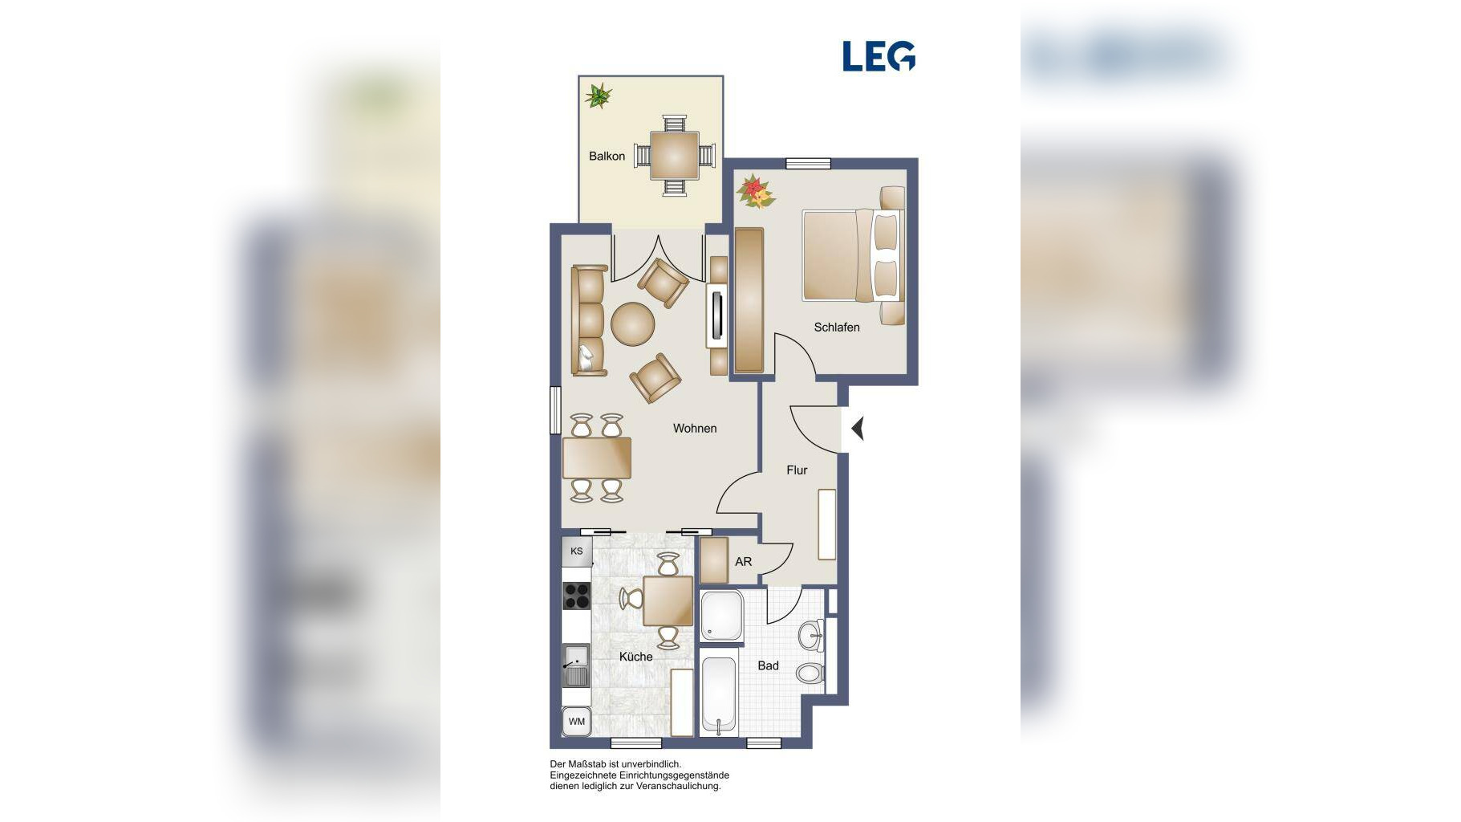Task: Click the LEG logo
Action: click(x=879, y=56)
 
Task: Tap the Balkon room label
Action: click(x=607, y=156)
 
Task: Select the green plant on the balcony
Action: click(x=598, y=96)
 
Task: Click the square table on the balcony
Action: click(x=674, y=155)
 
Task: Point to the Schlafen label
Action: click(x=837, y=327)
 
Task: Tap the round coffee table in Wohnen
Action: click(x=633, y=324)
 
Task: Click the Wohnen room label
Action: click(x=695, y=428)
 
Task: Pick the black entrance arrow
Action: click(x=858, y=429)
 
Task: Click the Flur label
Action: click(x=797, y=470)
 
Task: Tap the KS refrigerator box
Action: click(x=576, y=551)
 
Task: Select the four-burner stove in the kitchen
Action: click(x=577, y=596)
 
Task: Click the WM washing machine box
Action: click(x=576, y=722)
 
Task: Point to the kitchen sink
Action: click(x=576, y=665)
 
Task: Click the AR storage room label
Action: click(x=744, y=561)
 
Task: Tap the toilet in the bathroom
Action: click(x=810, y=673)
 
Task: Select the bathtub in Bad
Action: click(x=719, y=696)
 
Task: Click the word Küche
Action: click(x=635, y=657)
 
